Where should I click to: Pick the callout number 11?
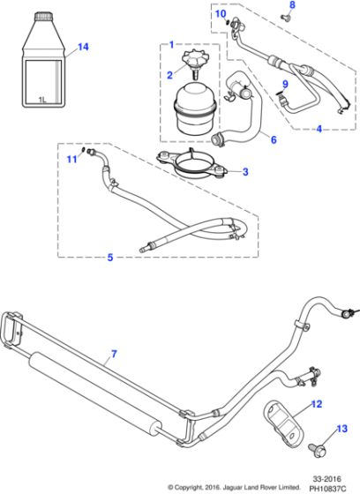71,158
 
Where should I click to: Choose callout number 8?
294,6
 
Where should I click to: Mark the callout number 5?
109,258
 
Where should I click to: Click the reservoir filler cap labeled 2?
191,63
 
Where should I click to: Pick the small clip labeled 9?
281,101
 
